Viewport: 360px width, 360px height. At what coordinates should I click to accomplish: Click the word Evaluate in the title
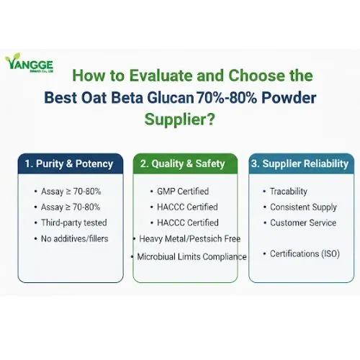(151, 76)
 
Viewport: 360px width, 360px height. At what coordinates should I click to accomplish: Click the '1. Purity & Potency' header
(68, 163)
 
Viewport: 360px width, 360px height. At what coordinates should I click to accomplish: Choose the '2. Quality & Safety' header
(182, 163)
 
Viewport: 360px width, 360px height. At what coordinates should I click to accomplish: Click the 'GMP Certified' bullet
(183, 192)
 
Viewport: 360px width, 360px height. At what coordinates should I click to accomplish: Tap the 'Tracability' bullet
(288, 192)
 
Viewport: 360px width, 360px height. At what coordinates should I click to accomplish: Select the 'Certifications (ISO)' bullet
(304, 253)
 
